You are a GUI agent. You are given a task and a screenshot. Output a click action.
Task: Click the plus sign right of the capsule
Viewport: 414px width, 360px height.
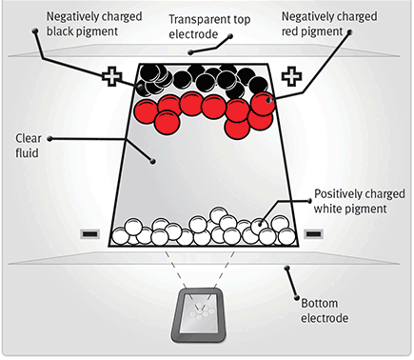(291, 75)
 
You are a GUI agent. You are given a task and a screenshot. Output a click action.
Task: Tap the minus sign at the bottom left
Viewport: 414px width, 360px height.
(89, 231)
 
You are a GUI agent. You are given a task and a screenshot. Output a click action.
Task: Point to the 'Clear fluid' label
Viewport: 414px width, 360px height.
(26, 144)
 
